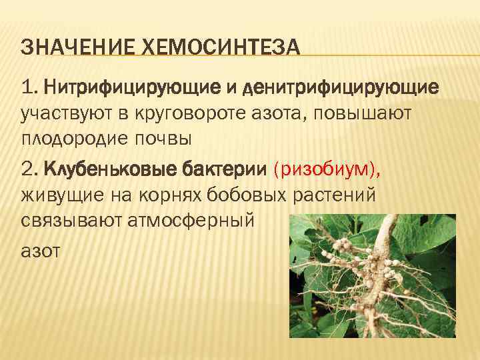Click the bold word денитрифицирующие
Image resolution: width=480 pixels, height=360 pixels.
point(341,87)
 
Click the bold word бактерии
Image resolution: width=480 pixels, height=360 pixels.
point(223,170)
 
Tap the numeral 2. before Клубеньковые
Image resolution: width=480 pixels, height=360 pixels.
point(31,170)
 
